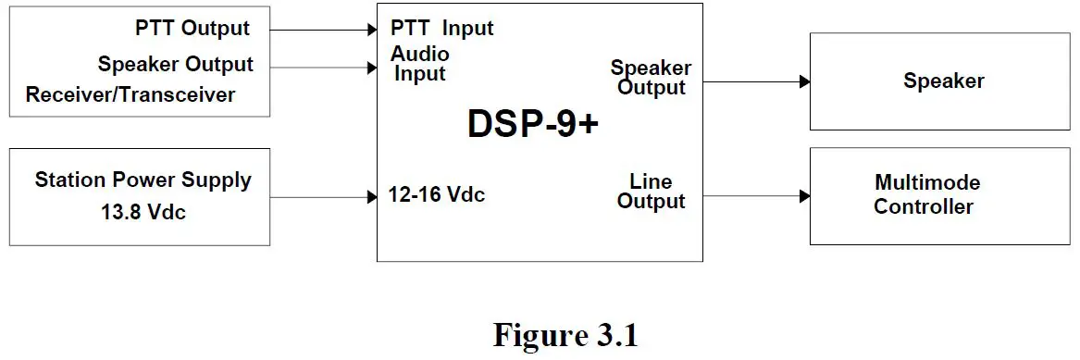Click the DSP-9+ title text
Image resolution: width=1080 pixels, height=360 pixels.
pyautogui.click(x=532, y=124)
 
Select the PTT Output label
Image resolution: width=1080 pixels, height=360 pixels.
pyautogui.click(x=192, y=28)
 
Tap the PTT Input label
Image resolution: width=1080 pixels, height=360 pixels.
pyautogui.click(x=441, y=28)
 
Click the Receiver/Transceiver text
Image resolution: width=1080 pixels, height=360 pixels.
pyautogui.click(x=130, y=94)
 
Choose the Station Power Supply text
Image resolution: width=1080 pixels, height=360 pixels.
pyautogui.click(x=143, y=180)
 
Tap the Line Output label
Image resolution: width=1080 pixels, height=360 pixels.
pyautogui.click(x=651, y=192)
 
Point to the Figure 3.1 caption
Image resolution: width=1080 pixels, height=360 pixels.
pyautogui.click(x=565, y=335)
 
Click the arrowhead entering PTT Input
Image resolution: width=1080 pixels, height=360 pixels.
pyautogui.click(x=372, y=30)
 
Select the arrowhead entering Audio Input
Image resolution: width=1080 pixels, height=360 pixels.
pyautogui.click(x=372, y=66)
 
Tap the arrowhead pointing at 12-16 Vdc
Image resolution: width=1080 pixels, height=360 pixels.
pyautogui.click(x=372, y=196)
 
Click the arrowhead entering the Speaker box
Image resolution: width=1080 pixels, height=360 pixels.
pyautogui.click(x=805, y=82)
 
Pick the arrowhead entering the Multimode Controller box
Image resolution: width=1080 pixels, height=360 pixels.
pyautogui.click(x=805, y=196)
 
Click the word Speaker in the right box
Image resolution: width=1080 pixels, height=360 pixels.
pyautogui.click(x=943, y=81)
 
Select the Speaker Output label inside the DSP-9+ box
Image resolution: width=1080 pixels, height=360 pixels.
pyautogui.click(x=651, y=78)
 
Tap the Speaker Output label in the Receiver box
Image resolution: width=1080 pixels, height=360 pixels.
pyautogui.click(x=175, y=64)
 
